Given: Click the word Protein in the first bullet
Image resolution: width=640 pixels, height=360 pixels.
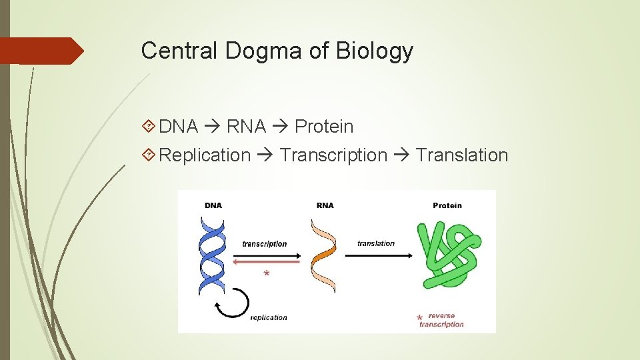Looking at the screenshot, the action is tap(324, 127).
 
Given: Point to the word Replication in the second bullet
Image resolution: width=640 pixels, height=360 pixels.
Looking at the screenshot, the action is tap(205, 155).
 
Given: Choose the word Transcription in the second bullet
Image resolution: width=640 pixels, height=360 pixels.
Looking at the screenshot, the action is tap(333, 155).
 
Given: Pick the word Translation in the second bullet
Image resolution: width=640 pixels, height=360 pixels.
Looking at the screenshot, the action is tap(462, 155).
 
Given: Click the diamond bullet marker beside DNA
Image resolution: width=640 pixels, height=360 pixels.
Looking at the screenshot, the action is tap(150, 127).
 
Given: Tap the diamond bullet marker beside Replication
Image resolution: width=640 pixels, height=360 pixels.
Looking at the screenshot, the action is tap(150, 155).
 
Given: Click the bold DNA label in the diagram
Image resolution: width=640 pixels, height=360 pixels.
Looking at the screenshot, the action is tap(213, 205).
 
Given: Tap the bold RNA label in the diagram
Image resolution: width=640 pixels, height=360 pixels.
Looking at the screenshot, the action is tap(325, 205).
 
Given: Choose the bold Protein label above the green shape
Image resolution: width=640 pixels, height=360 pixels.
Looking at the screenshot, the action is tap(447, 205).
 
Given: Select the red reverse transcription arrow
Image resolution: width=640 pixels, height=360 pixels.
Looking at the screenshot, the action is tap(267, 263).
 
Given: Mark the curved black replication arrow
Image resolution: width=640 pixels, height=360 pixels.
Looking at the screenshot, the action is tap(231, 303).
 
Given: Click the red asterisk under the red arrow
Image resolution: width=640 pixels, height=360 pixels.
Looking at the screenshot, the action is tap(267, 274).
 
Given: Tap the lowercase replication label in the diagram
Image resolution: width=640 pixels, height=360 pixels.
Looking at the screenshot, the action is tap(269, 317).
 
